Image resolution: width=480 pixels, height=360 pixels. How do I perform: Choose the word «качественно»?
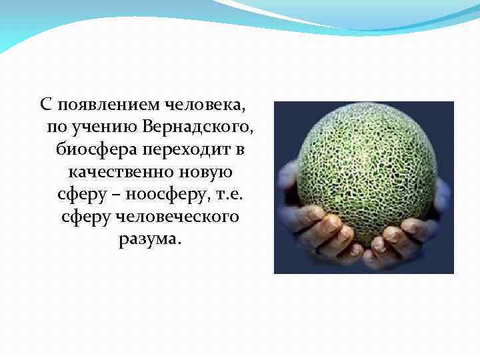pos(121,172)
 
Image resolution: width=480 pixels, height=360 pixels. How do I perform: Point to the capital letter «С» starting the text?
pos(45,104)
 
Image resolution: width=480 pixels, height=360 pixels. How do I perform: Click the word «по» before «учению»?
pos(57,127)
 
